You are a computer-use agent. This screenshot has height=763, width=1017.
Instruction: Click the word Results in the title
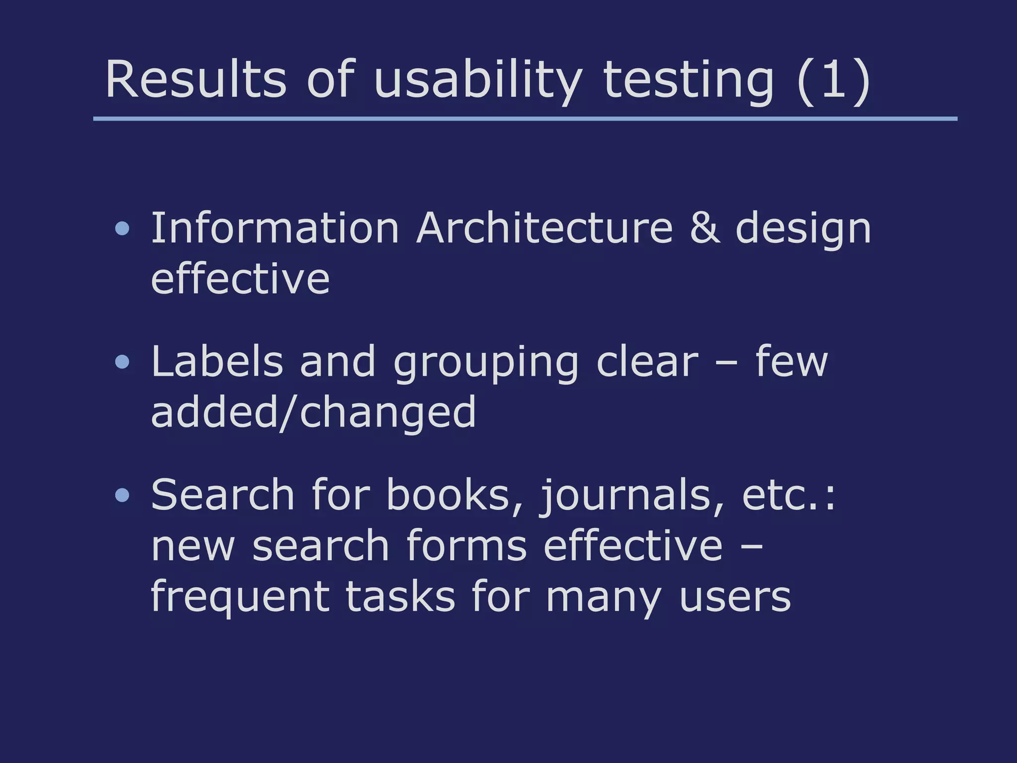coord(196,79)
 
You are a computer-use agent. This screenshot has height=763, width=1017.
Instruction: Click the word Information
coord(275,228)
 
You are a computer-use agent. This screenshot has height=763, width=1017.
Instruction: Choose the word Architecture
coord(545,228)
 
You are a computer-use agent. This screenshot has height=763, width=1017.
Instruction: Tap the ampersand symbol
coord(705,228)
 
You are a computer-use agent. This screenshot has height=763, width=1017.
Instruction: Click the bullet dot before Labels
coord(122,362)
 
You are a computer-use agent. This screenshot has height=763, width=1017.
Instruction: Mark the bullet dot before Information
coord(122,229)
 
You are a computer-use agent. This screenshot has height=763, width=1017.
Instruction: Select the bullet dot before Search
coord(122,495)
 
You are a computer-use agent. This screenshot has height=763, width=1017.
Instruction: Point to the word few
coord(792,362)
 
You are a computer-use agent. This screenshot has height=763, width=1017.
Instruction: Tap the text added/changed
coord(313,413)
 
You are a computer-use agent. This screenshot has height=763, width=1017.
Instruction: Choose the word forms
coord(466,546)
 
